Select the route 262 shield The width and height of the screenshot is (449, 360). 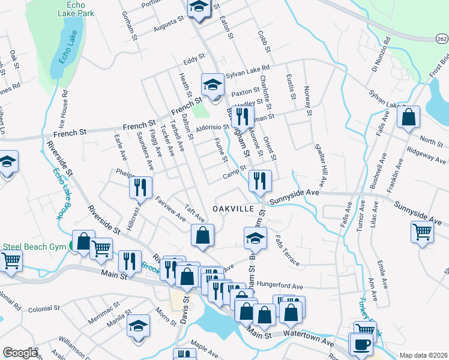441,38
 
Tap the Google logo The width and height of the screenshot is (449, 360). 20,353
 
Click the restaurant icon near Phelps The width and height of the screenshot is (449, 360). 140,188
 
